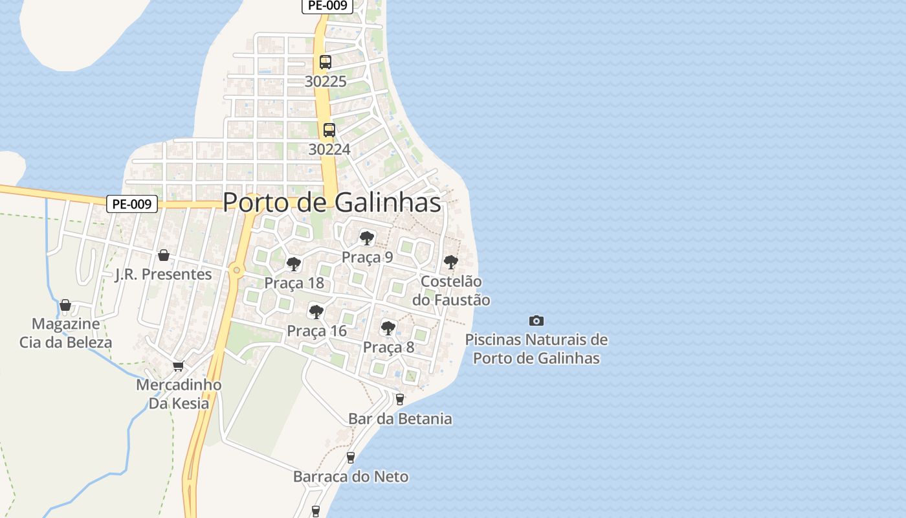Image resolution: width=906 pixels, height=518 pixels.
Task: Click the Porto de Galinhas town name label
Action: click(332, 202)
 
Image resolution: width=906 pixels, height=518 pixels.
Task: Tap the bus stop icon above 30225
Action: click(326, 62)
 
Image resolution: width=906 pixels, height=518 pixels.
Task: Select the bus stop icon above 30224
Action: click(329, 129)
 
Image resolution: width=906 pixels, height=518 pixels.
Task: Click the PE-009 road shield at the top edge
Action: click(327, 6)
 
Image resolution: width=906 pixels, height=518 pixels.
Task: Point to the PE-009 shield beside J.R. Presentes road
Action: click(132, 204)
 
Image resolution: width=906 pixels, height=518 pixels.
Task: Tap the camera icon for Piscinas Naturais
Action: click(536, 321)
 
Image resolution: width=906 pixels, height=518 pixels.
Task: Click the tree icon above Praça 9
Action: click(367, 238)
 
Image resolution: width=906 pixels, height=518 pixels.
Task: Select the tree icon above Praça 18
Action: click(294, 264)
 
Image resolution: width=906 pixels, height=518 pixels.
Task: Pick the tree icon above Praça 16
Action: click(316, 311)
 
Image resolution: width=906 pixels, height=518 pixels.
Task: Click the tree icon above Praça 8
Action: click(388, 328)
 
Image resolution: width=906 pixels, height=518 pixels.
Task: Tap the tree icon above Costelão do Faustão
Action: click(451, 262)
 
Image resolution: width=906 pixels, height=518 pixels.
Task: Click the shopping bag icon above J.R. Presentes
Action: click(164, 255)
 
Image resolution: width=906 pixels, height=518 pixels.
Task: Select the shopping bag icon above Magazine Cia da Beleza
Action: click(65, 305)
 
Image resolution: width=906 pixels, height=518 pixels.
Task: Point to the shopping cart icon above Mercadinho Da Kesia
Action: click(179, 366)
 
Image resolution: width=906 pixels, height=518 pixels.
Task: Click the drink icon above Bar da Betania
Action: click(400, 400)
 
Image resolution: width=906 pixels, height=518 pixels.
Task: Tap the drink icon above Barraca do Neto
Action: click(351, 458)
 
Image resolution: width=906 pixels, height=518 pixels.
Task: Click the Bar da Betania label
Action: click(400, 419)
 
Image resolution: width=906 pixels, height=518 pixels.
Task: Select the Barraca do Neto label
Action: click(351, 477)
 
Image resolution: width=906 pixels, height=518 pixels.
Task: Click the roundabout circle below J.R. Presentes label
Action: click(237, 270)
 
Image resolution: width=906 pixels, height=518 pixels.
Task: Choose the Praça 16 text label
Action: click(316, 331)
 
